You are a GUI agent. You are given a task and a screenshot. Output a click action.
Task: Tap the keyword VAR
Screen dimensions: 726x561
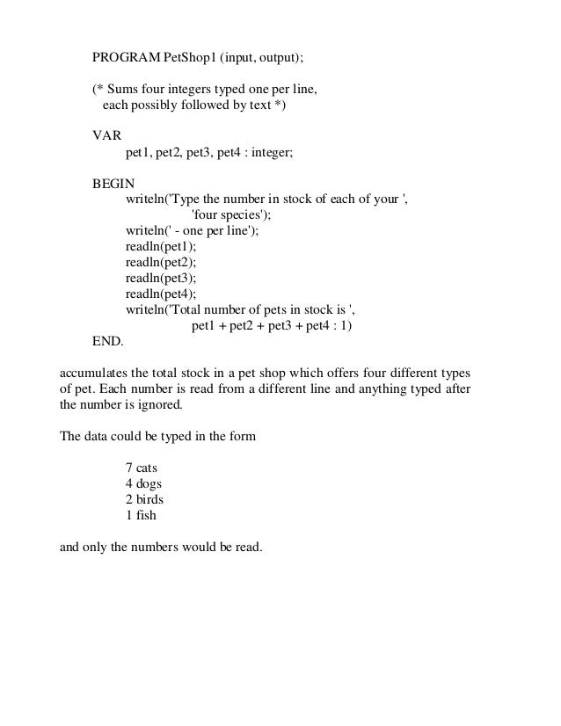click(108, 136)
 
